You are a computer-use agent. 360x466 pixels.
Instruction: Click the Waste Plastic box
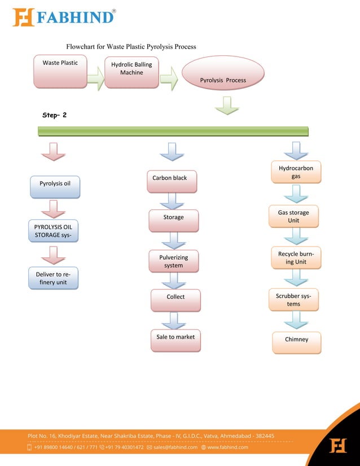pos(60,71)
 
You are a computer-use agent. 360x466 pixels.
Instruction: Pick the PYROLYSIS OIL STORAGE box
pos(53,231)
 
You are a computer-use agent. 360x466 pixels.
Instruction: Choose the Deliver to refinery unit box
pos(53,278)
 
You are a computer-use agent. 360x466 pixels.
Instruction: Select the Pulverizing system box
pos(173,261)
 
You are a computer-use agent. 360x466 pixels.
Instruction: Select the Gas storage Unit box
pos(293,216)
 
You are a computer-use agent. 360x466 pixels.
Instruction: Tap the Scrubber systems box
pos(293,300)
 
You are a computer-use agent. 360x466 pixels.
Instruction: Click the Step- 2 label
pos(55,115)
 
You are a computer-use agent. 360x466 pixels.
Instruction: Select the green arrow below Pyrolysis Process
pos(227,105)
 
